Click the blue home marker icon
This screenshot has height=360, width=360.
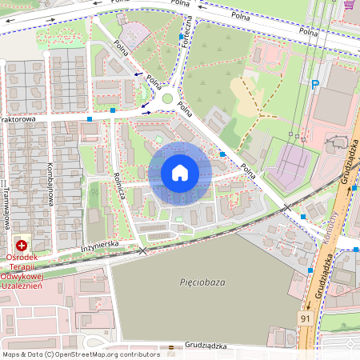180,173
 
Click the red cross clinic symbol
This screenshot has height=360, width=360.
22,245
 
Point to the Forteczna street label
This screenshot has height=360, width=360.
187,31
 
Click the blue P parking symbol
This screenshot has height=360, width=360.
315,83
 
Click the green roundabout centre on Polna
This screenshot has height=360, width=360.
167,99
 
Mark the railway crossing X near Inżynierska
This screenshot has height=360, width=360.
143,251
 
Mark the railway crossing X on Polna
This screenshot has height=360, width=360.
287,208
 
